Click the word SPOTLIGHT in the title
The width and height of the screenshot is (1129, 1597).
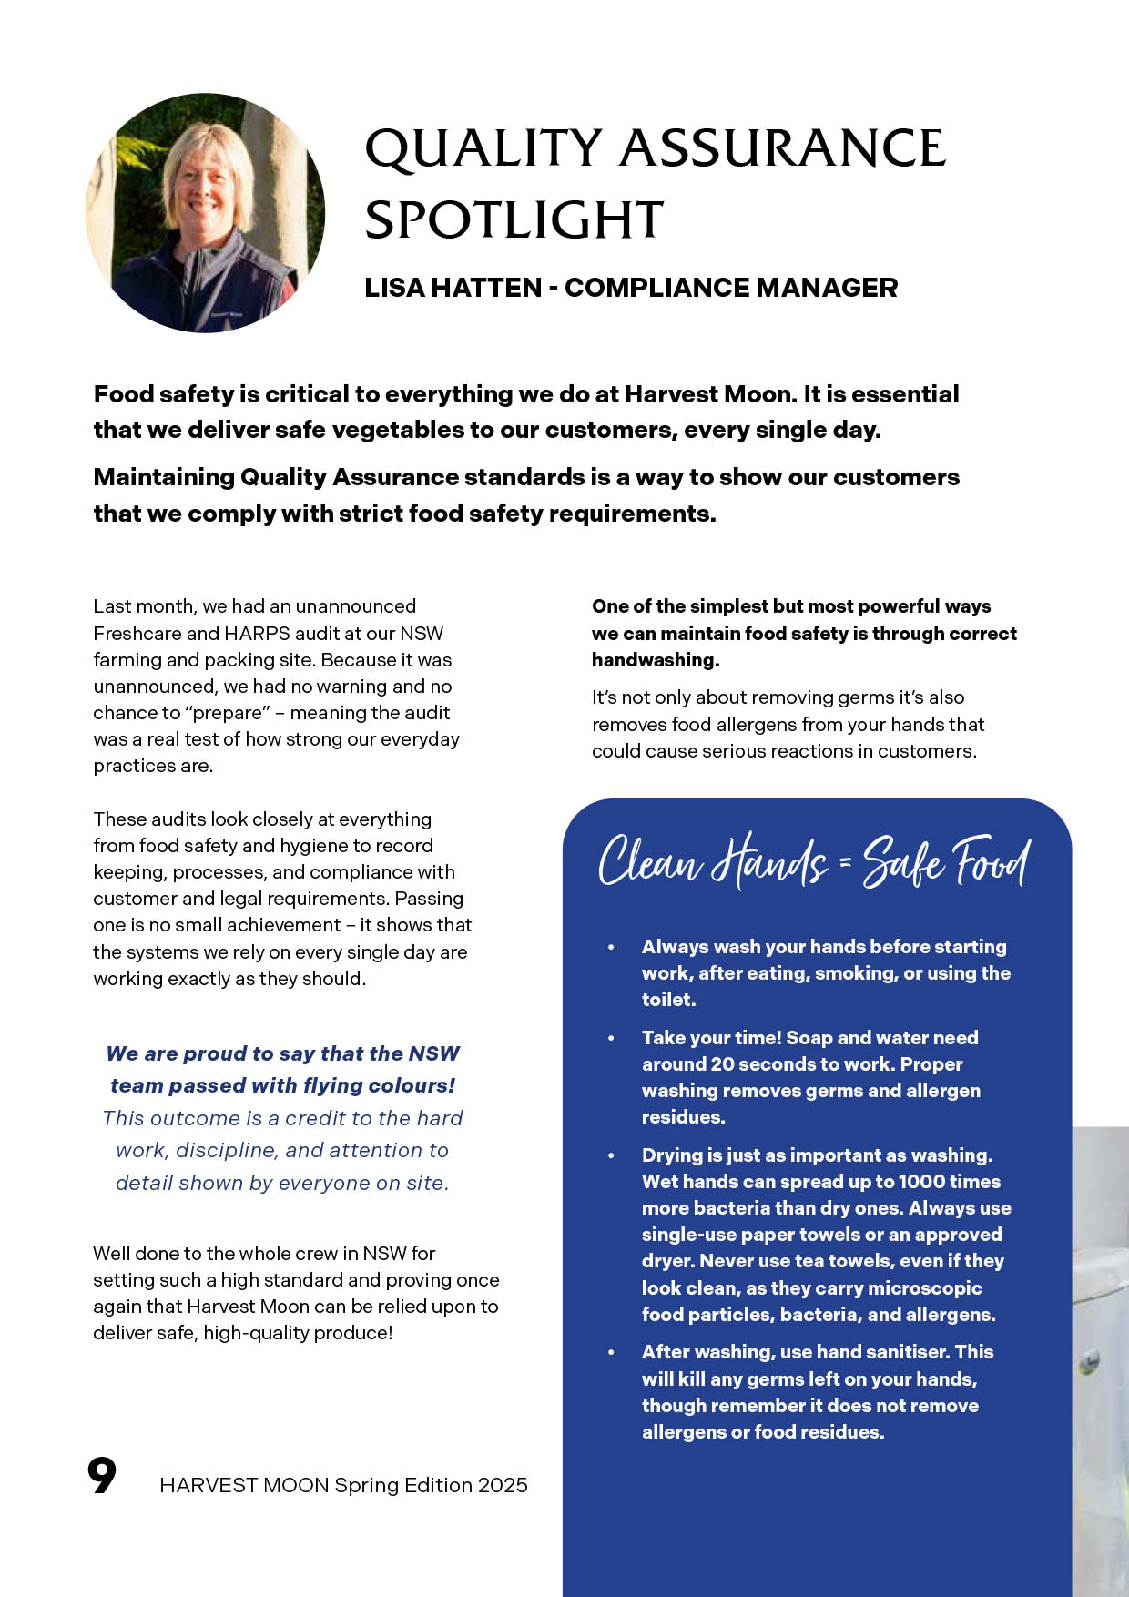[x=514, y=220]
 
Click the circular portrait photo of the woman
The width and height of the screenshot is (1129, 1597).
[x=206, y=213]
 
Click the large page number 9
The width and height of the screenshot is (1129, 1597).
[x=102, y=1477]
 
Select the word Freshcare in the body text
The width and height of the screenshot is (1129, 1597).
[x=137, y=633]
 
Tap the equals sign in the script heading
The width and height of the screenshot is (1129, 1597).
[x=844, y=863]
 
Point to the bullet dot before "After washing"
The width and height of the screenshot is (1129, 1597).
[x=611, y=1353]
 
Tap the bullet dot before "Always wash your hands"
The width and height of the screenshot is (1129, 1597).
[x=611, y=948]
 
